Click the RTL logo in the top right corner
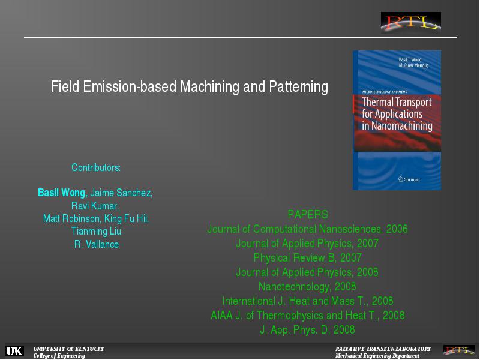(x=411, y=23)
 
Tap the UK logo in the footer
(x=14, y=351)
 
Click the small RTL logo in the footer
(x=459, y=350)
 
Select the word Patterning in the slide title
(x=298, y=86)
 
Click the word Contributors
(x=96, y=167)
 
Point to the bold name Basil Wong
(x=61, y=193)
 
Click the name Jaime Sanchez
(x=121, y=193)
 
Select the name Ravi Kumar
(x=95, y=206)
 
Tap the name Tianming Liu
(x=96, y=231)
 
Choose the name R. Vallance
(x=97, y=244)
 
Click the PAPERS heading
(x=308, y=214)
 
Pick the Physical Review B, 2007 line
(x=308, y=258)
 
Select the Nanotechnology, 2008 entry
(x=307, y=287)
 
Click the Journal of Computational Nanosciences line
(x=307, y=229)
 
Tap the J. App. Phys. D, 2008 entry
(x=307, y=329)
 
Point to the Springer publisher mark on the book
(x=409, y=179)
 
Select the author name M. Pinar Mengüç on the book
(x=413, y=65)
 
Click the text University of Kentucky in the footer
(x=68, y=349)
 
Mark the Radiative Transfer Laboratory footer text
(x=383, y=349)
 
